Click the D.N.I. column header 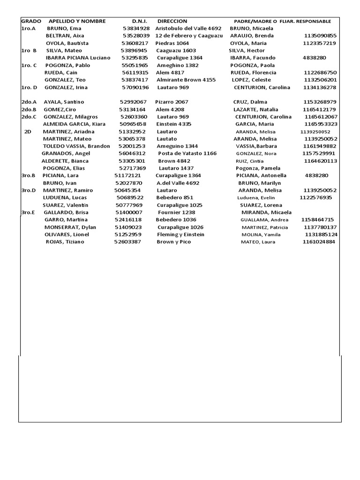coord(139,21)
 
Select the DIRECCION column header coord(172,21)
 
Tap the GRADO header coord(31,21)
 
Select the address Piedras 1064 coord(172,43)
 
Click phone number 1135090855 coord(320,36)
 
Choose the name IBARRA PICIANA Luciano coord(78,58)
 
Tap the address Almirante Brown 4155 coord(186,80)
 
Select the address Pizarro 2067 coord(172,102)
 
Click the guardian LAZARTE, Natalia coord(256,109)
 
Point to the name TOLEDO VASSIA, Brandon coord(76,146)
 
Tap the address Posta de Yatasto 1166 coord(187,153)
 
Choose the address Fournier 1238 coord(176,212)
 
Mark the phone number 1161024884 coord(319,242)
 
